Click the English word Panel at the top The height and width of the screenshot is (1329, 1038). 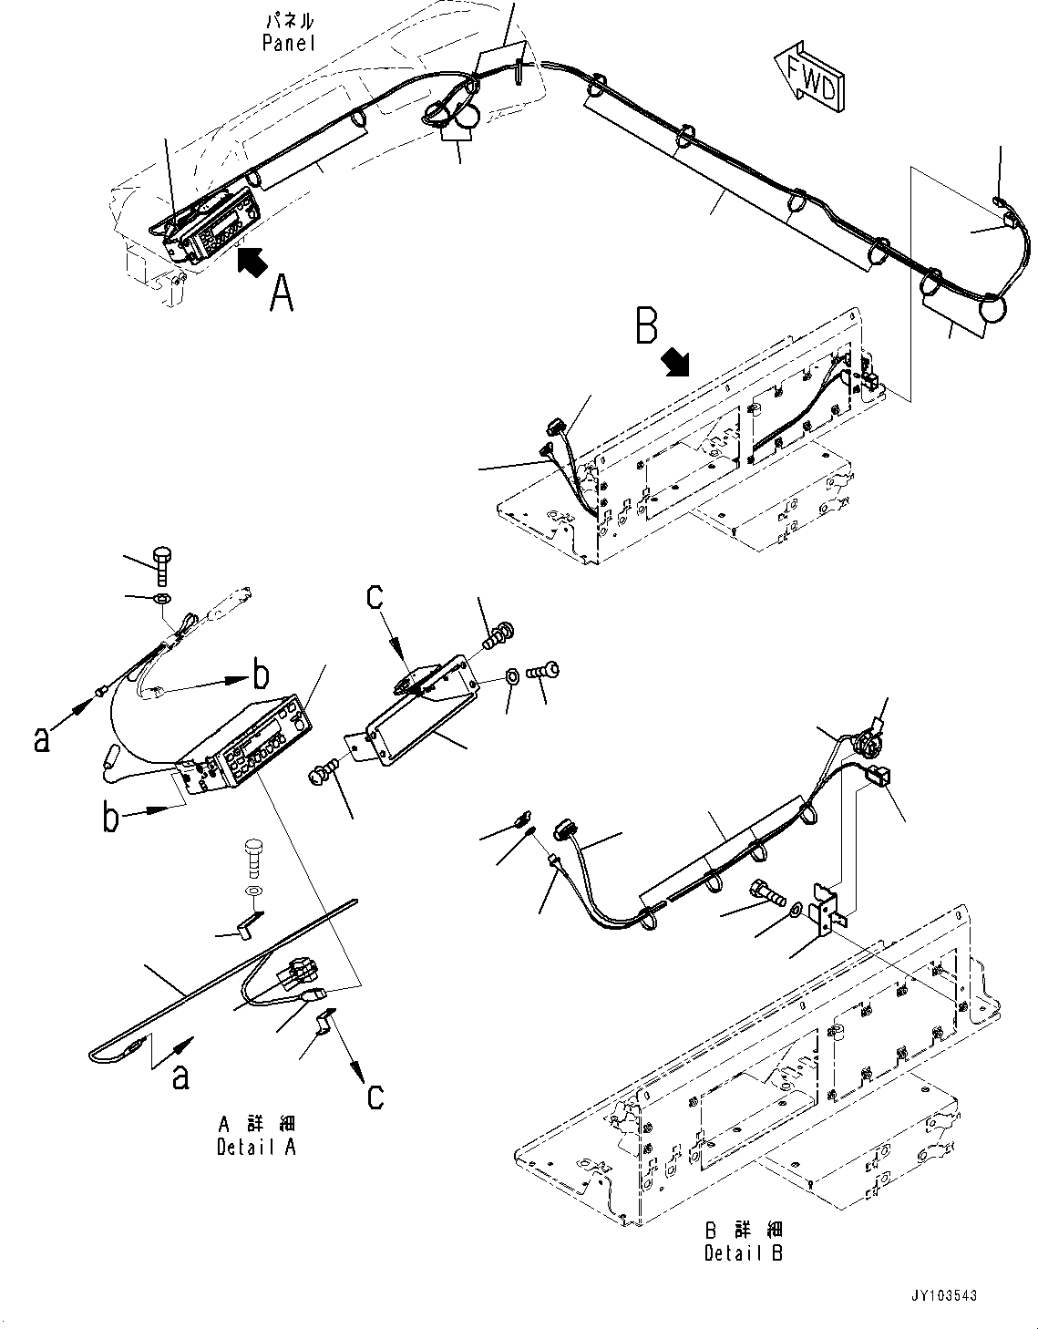[x=288, y=43]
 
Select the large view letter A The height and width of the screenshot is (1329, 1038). [x=282, y=294]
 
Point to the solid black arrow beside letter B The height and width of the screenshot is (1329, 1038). [x=676, y=363]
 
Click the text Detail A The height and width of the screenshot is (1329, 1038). [x=256, y=1147]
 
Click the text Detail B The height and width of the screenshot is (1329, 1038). [x=743, y=1252]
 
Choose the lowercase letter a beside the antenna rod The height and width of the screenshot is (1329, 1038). [x=180, y=1077]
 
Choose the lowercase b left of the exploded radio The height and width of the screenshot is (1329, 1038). [x=110, y=817]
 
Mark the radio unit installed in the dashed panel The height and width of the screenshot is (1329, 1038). [x=212, y=224]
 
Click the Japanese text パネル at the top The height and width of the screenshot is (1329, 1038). [x=288, y=20]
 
